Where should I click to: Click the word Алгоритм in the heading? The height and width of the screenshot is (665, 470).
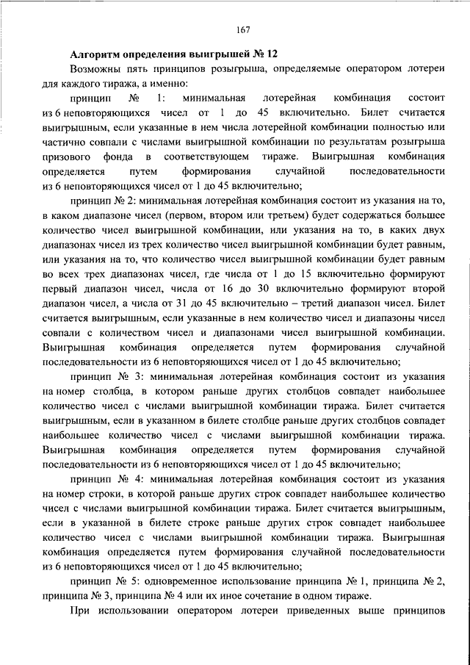click(x=97, y=54)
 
